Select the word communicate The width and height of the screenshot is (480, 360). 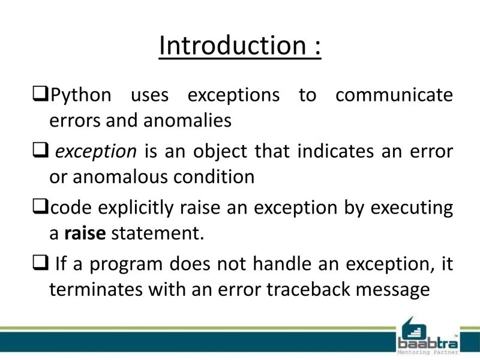394,95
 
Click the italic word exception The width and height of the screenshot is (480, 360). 96,152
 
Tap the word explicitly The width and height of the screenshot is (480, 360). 134,208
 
